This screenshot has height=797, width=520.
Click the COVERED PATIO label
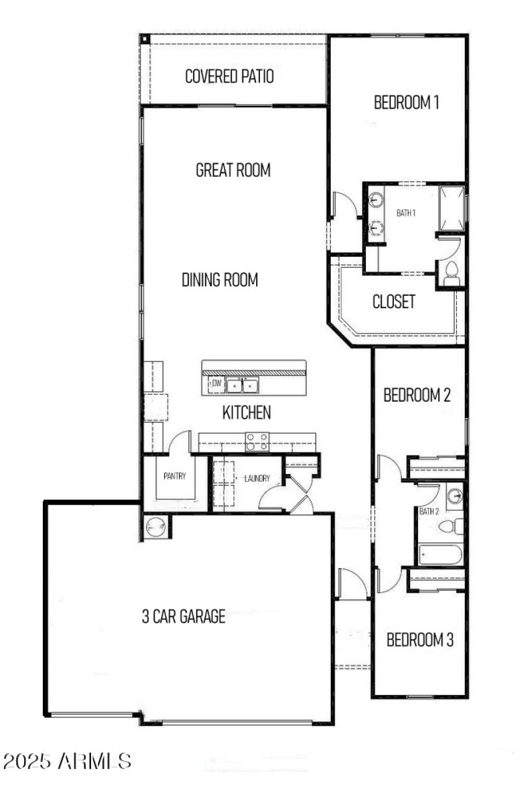click(229, 77)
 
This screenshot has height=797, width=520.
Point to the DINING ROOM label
click(220, 280)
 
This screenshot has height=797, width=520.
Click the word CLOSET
click(393, 302)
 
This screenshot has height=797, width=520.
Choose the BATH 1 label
click(406, 213)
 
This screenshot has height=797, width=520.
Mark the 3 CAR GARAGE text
click(184, 616)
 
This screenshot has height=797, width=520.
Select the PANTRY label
click(174, 476)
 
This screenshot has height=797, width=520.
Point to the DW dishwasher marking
click(216, 384)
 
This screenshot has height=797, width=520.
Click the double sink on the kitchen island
click(241, 386)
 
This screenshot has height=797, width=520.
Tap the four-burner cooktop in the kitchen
click(257, 441)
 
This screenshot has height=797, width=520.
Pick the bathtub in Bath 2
click(441, 555)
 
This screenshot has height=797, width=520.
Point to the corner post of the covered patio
click(144, 39)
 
